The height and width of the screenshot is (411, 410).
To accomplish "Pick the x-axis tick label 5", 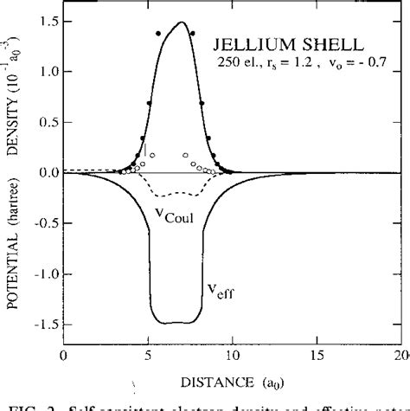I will pyautogui.click(x=148, y=356).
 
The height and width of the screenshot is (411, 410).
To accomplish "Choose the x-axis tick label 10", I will pyautogui.click(x=233, y=356).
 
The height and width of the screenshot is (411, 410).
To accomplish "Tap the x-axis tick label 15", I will pyautogui.click(x=317, y=356).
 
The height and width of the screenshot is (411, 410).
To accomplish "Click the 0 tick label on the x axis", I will pyautogui.click(x=63, y=356).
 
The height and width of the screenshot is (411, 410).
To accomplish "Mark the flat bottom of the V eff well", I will pyautogui.click(x=180, y=322).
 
